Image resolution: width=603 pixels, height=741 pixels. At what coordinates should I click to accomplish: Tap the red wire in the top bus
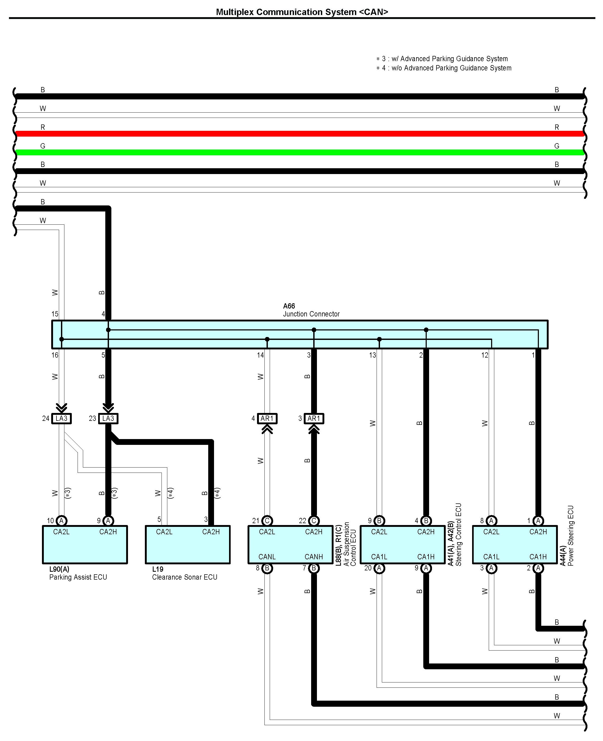pyautogui.click(x=299, y=134)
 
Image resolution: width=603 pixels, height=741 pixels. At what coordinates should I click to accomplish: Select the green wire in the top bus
pyautogui.click(x=299, y=152)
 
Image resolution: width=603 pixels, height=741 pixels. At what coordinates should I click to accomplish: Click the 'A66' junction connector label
pyautogui.click(x=289, y=306)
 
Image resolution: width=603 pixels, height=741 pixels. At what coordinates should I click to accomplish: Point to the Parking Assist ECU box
pyautogui.click(x=85, y=545)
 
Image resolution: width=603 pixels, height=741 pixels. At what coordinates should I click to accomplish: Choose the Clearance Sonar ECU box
pyautogui.click(x=188, y=545)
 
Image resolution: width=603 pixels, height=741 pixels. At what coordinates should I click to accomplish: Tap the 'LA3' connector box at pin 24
pyautogui.click(x=61, y=418)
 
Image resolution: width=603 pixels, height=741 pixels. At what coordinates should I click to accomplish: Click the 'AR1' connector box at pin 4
pyautogui.click(x=267, y=418)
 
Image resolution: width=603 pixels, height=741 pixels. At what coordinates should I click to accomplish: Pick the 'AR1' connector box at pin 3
pyautogui.click(x=314, y=418)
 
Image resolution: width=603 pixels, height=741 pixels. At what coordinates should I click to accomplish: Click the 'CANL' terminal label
pyautogui.click(x=267, y=557)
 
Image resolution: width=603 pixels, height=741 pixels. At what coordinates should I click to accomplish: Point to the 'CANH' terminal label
pyautogui.click(x=314, y=557)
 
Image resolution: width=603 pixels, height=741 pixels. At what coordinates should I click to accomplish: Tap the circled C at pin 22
pyautogui.click(x=314, y=521)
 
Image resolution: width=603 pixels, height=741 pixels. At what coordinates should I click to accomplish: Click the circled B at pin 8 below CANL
pyautogui.click(x=267, y=568)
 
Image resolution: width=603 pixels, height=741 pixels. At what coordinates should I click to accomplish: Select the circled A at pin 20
pyautogui.click(x=379, y=568)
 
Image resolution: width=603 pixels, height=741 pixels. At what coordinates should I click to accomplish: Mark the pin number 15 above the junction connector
pyautogui.click(x=55, y=314)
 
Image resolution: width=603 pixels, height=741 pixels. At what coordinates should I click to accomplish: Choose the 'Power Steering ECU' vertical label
pyautogui.click(x=571, y=536)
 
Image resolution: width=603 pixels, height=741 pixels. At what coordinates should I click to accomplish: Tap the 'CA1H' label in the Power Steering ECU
pyautogui.click(x=538, y=557)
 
